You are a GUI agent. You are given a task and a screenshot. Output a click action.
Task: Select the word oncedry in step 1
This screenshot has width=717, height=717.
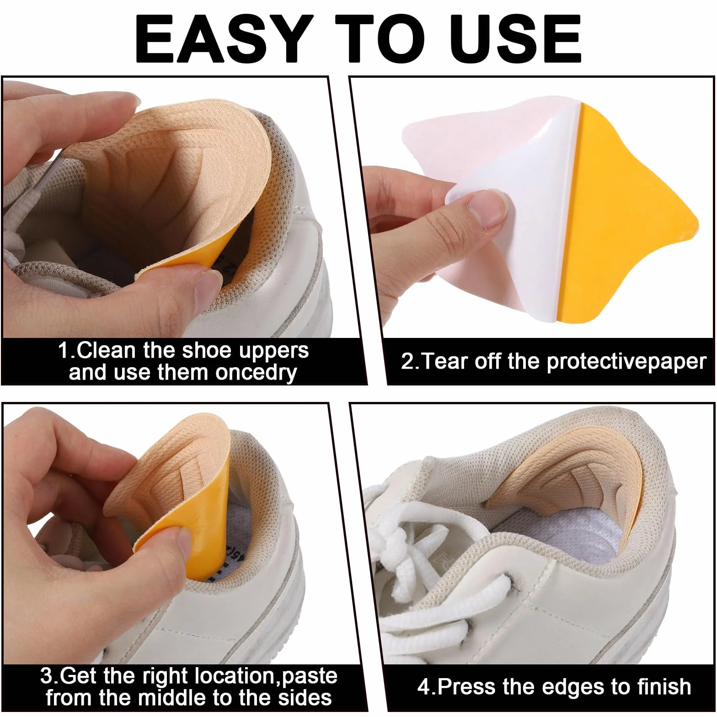(x=256, y=373)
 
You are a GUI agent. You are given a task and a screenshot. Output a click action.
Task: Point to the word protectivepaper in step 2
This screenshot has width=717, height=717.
(x=626, y=362)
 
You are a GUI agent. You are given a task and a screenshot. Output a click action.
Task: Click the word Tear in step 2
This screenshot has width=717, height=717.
(x=445, y=362)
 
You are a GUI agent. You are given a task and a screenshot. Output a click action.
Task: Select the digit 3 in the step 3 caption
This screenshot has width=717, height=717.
(x=46, y=676)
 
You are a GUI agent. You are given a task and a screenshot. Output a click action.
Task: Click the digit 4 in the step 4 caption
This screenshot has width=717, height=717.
(x=424, y=687)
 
